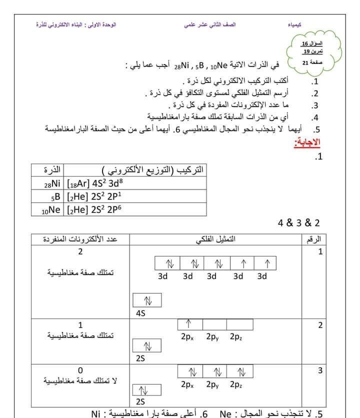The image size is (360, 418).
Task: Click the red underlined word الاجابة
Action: [x=307, y=143]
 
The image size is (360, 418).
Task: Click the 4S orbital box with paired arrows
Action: [x=148, y=300]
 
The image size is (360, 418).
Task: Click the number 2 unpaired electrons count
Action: [x=80, y=251]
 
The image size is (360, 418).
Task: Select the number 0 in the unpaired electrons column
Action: [x=80, y=370]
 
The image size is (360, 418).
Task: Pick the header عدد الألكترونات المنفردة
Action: [x=80, y=239]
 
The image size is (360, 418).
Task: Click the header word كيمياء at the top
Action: [x=294, y=24]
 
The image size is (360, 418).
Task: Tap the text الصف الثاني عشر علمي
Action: [x=210, y=24]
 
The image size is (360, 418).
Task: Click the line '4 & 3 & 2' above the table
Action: [x=298, y=223]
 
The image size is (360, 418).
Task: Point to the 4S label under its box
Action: [x=140, y=313]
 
